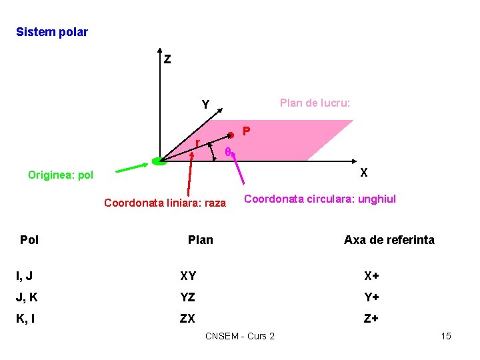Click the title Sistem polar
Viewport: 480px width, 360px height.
52,32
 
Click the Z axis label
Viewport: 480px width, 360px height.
167,60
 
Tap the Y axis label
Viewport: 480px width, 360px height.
206,105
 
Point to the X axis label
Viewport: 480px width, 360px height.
364,173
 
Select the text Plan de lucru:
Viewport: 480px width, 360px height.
315,103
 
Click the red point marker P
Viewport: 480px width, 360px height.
231,134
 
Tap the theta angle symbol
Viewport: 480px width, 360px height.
227,153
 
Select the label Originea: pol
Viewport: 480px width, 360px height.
61,175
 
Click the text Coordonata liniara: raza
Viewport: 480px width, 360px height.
165,203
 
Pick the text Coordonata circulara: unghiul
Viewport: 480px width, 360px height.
320,199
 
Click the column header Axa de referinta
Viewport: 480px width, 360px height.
389,240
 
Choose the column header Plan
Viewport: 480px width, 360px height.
201,240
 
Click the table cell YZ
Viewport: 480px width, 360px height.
188,297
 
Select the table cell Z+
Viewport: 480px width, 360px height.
371,319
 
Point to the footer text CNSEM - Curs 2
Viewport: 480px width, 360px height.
240,336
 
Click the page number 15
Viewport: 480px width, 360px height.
446,336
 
